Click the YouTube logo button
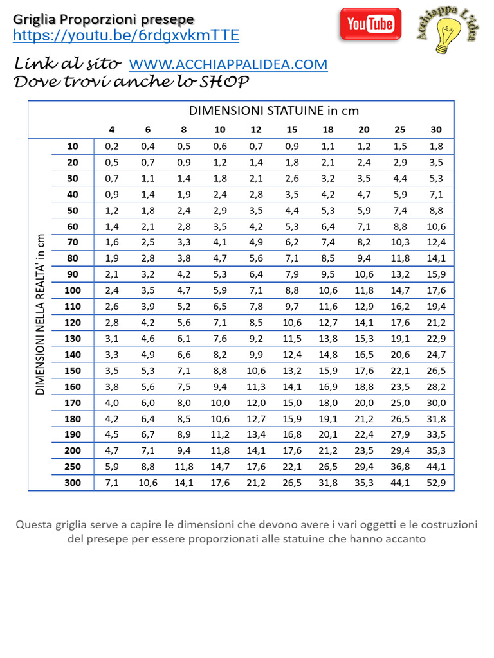[370, 24]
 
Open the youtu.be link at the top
[126, 36]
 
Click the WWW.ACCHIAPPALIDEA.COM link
[228, 64]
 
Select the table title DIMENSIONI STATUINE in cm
[273, 111]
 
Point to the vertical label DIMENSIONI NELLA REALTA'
[40, 314]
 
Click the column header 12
[256, 129]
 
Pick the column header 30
[436, 129]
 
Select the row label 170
[73, 402]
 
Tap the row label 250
[73, 467]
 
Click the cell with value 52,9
[436, 483]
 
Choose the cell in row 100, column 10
[220, 290]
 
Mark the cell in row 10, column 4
[112, 146]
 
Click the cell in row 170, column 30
[436, 402]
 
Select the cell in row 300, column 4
[112, 483]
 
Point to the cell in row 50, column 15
[292, 210]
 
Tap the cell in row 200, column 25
[400, 450]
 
